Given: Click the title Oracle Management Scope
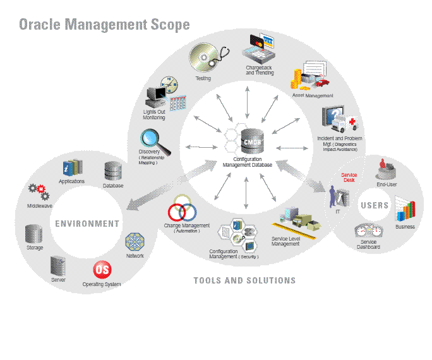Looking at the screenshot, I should click(x=104, y=25).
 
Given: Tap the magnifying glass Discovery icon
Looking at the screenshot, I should click(x=154, y=140).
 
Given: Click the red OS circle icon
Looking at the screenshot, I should click(x=102, y=270).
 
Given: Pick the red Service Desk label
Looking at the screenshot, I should click(x=349, y=177).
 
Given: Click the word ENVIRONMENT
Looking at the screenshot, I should click(x=87, y=224).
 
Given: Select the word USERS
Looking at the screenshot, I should click(x=375, y=206).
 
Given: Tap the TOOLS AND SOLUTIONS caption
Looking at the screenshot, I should click(x=244, y=280).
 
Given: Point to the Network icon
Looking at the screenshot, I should click(x=135, y=242).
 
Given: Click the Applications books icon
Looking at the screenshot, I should click(x=73, y=167).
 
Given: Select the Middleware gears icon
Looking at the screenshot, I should click(x=39, y=192).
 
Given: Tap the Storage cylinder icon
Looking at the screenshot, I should click(x=34, y=234).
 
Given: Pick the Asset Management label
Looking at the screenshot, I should click(x=313, y=96).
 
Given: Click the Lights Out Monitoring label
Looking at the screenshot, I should click(x=154, y=114).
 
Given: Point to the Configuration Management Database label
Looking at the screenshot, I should click(x=248, y=162).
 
